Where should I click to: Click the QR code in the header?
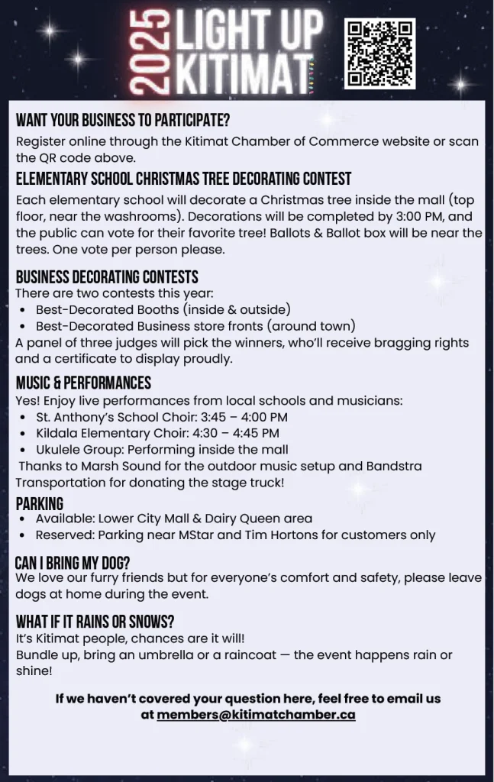tap(379, 53)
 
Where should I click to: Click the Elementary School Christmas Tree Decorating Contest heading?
tap(183, 179)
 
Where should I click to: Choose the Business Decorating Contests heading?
tap(107, 276)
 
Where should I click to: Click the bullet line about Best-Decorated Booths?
tap(163, 309)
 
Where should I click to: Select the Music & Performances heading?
tap(83, 383)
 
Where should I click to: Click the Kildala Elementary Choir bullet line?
tap(157, 433)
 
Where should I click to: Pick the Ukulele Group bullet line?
tap(162, 450)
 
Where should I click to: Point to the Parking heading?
tap(40, 503)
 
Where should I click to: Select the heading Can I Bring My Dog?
tap(73, 563)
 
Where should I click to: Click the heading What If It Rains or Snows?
tap(95, 622)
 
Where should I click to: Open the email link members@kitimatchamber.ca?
tap(256, 715)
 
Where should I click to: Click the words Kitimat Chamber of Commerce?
tap(264, 141)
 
